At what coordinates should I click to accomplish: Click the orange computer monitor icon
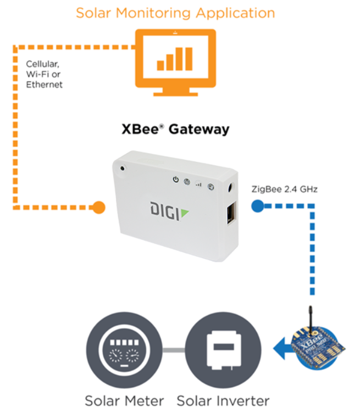point(175,62)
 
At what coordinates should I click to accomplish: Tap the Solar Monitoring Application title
point(175,13)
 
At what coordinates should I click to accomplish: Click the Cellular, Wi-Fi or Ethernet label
point(45,75)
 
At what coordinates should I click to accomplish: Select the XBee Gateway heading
point(175,130)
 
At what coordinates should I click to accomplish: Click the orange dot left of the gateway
point(98,207)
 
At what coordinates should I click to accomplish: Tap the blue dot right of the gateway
point(256,206)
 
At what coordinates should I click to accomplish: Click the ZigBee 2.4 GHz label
point(285,189)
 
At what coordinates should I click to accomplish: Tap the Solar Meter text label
point(124,401)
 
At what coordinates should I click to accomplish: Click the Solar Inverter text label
point(223,401)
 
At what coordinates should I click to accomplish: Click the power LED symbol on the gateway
point(175,180)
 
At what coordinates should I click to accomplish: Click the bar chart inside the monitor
point(175,59)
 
